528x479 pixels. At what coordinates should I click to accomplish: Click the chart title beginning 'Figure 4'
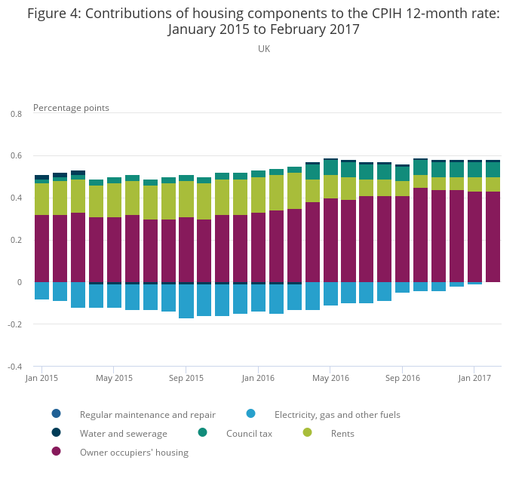pyautogui.click(x=263, y=21)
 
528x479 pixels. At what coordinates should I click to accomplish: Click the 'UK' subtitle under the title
pyautogui.click(x=263, y=49)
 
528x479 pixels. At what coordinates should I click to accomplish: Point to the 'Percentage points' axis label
pyautogui.click(x=71, y=108)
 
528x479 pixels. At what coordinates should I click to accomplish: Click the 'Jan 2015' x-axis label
pyautogui.click(x=42, y=378)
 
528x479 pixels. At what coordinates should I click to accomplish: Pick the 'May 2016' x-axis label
pyautogui.click(x=330, y=378)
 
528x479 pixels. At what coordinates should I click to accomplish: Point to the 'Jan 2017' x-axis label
pyautogui.click(x=474, y=378)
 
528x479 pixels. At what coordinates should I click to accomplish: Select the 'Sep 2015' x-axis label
pyautogui.click(x=186, y=378)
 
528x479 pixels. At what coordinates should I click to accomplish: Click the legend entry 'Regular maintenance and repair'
pyautogui.click(x=147, y=415)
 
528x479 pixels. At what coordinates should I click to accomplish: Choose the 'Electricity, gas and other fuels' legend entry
pyautogui.click(x=337, y=415)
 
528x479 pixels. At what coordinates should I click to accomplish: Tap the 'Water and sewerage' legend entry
pyautogui.click(x=123, y=434)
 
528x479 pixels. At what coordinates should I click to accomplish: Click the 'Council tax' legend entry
pyautogui.click(x=249, y=434)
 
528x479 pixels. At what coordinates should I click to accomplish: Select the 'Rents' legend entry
pyautogui.click(x=342, y=434)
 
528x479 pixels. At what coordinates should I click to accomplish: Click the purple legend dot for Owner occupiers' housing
pyautogui.click(x=56, y=452)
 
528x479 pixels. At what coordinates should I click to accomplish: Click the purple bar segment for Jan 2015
pyautogui.click(x=42, y=249)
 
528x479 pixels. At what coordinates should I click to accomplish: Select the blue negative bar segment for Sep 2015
pyautogui.click(x=186, y=301)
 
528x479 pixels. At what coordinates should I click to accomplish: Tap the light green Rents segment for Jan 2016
pyautogui.click(x=258, y=195)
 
